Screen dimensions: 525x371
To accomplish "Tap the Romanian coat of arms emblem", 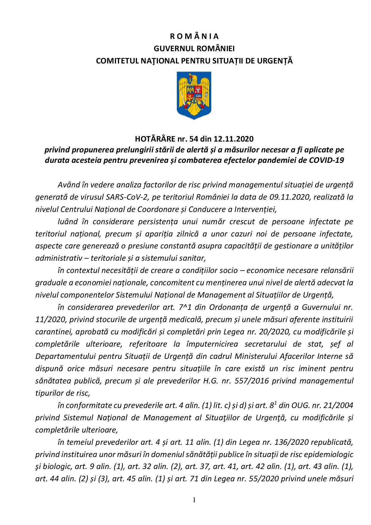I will [194, 95].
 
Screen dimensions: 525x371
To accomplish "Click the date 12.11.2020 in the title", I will [234, 139].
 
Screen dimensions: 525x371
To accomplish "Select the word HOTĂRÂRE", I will [153, 139].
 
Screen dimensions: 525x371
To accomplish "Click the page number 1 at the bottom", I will [194, 500].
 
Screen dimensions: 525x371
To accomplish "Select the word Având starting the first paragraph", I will [68, 185].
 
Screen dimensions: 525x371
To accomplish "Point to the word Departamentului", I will [65, 356].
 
